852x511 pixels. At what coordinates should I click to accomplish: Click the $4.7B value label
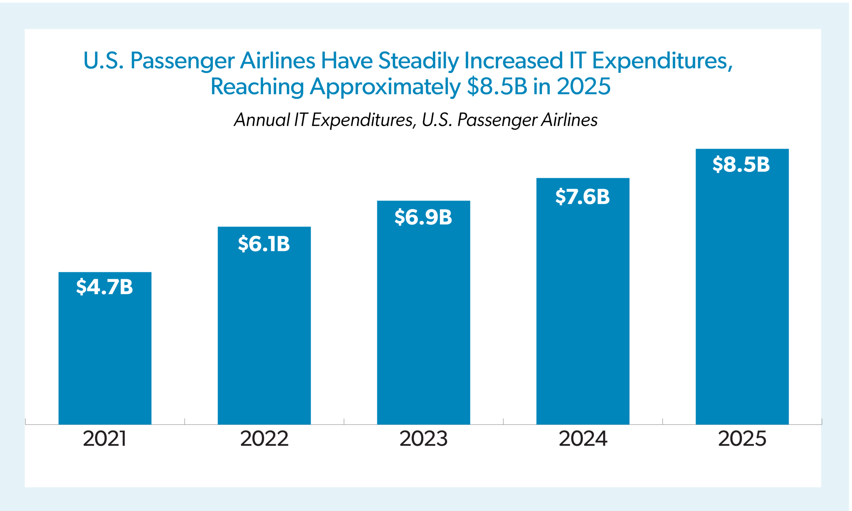tap(105, 286)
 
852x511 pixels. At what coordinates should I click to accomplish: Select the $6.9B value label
tap(423, 217)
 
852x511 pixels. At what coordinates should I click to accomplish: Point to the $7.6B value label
tap(582, 197)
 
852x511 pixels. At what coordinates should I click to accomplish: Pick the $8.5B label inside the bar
tap(741, 164)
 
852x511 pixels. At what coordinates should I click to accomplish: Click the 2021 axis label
tap(105, 439)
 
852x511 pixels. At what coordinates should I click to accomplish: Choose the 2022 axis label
tap(264, 439)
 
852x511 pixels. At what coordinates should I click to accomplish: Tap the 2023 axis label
tap(423, 439)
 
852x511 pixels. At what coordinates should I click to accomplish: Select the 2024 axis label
tap(583, 439)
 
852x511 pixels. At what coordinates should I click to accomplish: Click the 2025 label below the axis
tap(742, 439)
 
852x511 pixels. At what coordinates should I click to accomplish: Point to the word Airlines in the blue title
tap(278, 61)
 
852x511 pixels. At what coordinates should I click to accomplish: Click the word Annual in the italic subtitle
tap(262, 120)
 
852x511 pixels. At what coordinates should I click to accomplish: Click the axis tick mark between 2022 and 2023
tap(344, 422)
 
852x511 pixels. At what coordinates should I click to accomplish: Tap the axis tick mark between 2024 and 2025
tap(663, 422)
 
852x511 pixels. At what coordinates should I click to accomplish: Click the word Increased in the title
tap(514, 61)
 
